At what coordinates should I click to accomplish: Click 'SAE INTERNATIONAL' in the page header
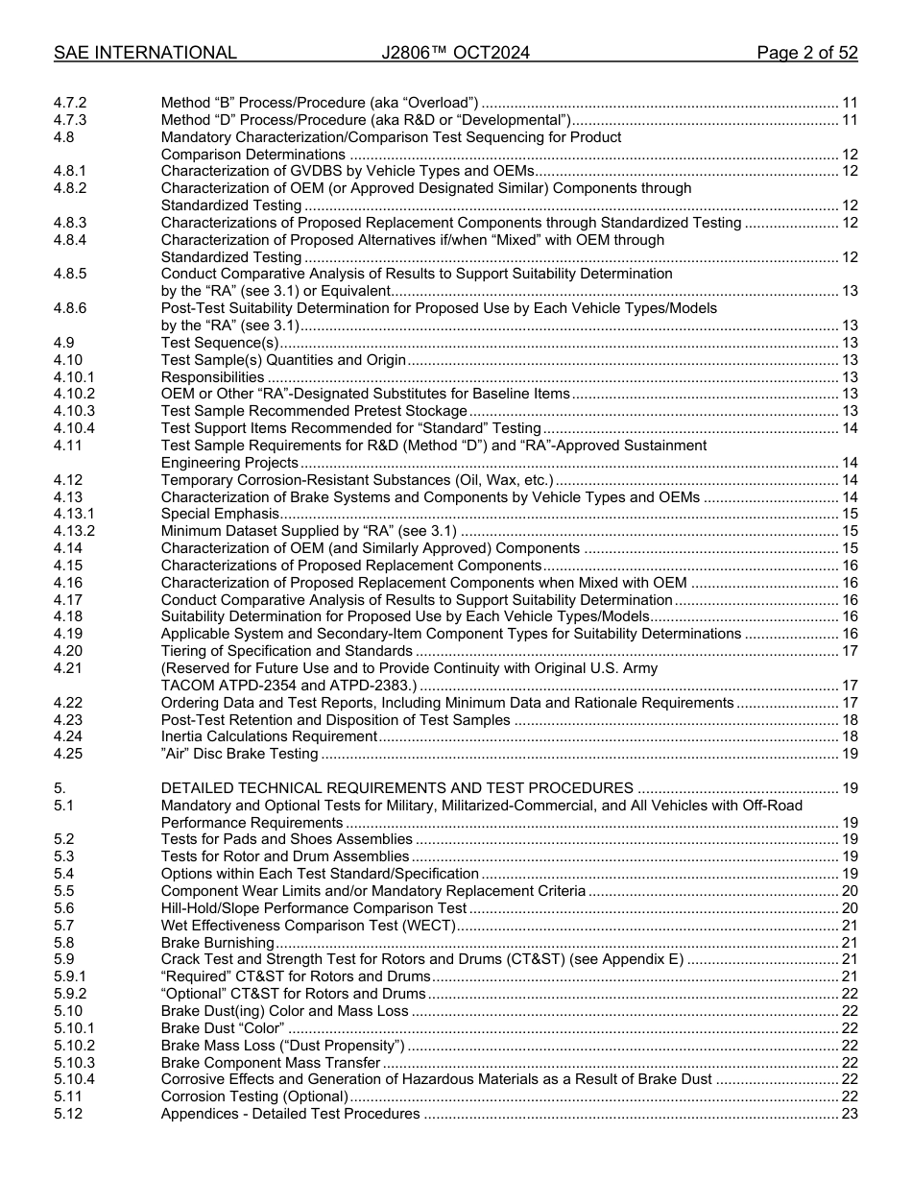click(x=145, y=53)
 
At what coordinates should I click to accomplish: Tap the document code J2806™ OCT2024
click(x=455, y=53)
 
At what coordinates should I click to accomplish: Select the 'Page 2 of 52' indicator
click(x=806, y=53)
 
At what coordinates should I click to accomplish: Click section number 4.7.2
click(x=70, y=103)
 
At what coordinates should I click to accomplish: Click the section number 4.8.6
click(x=70, y=308)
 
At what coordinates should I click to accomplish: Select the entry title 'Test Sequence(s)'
click(x=220, y=343)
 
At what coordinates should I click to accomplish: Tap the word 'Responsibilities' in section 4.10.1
click(x=212, y=377)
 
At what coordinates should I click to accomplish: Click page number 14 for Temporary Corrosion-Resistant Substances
click(x=849, y=480)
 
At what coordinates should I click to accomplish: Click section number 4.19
click(x=67, y=634)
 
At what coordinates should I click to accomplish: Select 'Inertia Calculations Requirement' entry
click(x=269, y=736)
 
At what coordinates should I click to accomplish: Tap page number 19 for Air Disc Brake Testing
click(x=849, y=754)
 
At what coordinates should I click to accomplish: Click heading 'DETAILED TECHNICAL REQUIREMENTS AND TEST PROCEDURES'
click(x=396, y=788)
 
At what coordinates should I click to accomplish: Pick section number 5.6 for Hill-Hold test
click(x=63, y=908)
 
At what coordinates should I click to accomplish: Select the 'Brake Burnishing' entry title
click(x=217, y=943)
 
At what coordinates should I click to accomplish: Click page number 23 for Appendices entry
click(x=849, y=1114)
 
